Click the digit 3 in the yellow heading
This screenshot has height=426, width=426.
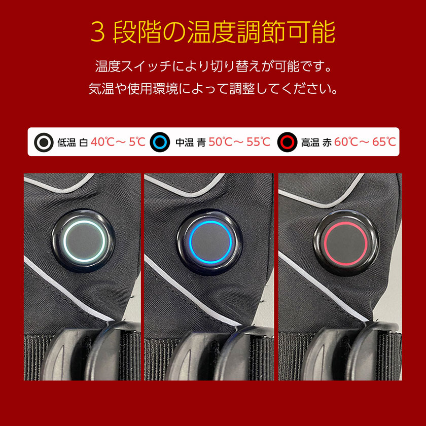98,32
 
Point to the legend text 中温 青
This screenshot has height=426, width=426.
191,143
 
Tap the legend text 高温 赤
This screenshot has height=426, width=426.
316,143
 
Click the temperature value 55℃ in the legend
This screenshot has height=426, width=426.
258,142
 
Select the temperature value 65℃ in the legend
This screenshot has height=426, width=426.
384,142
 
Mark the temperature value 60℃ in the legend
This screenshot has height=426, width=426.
346,142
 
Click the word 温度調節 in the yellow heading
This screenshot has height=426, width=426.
237,32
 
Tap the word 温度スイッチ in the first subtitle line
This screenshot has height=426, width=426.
133,66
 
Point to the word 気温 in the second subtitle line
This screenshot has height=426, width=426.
101,89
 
